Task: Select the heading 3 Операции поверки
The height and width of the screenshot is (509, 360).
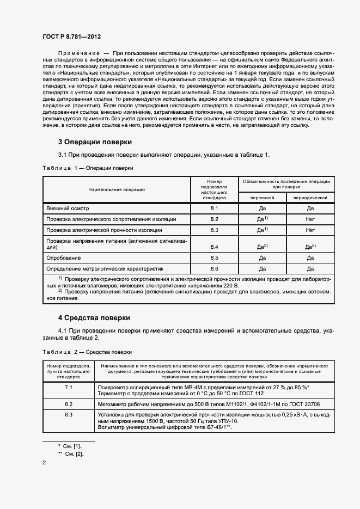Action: pos(95,142)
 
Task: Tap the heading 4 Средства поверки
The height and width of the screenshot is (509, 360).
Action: pos(94,317)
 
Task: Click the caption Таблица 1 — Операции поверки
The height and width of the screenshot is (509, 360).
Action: pos(88,168)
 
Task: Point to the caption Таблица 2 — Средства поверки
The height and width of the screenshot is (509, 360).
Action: pos(87,352)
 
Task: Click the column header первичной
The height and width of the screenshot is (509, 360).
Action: pos(262,198)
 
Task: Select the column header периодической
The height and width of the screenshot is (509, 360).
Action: pos(310,198)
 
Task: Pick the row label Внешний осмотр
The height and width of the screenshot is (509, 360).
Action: pos(68,208)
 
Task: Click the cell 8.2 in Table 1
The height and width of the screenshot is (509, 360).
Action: pos(214,219)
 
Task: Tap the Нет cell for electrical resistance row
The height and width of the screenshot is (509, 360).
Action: pos(310,219)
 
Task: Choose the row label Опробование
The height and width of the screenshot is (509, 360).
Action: pos(64,257)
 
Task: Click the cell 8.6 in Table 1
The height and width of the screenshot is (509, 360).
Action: pos(214,268)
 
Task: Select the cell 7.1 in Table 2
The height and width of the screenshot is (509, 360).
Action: pos(69,387)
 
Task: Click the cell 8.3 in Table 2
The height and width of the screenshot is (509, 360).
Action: pos(69,415)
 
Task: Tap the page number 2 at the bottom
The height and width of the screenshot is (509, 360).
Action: pos(44,463)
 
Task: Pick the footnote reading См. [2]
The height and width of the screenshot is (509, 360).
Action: pos(74,453)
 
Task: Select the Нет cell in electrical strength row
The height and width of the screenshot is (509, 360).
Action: pos(310,230)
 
